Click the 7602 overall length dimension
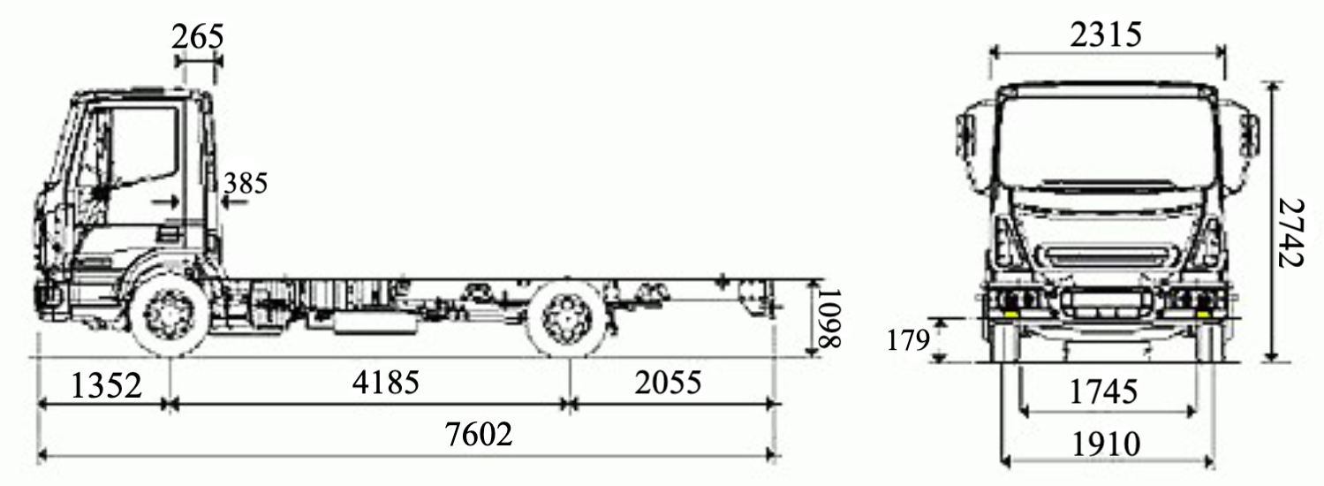point(478,435)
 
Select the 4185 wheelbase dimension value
point(385,382)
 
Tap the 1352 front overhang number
point(106,386)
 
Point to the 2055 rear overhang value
point(668,382)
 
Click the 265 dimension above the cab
point(198,37)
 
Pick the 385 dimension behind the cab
point(246,183)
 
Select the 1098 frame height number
point(828,318)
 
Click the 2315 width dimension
point(1106,34)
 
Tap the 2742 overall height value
point(1290,233)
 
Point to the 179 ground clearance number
point(909,340)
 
